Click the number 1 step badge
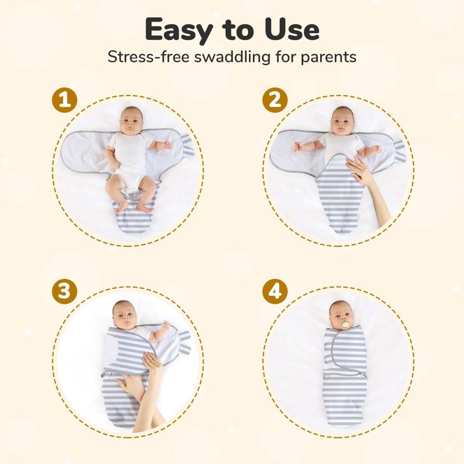tap(65, 100)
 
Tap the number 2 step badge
tap(275, 100)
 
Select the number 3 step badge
tap(65, 291)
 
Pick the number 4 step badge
tap(275, 291)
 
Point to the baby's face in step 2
tap(343, 121)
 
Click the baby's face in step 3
tap(125, 315)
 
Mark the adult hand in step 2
tap(360, 170)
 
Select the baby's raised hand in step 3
tap(165, 326)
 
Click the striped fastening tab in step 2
tap(399, 151)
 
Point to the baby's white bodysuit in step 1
tap(131, 155)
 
